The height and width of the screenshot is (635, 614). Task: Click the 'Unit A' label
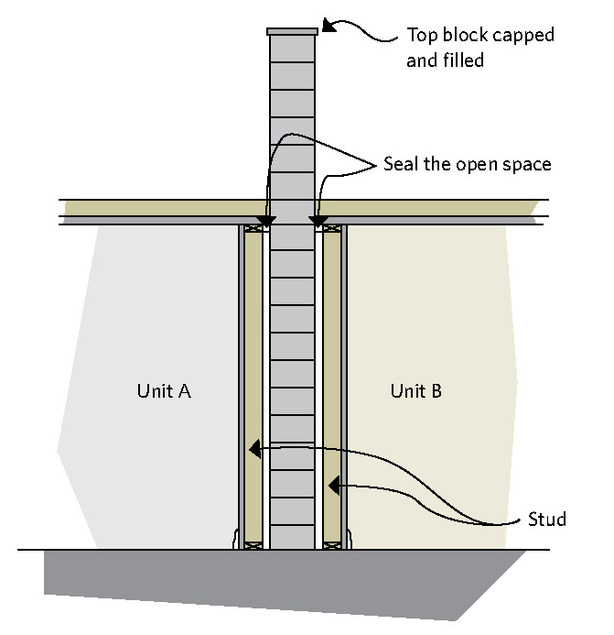[x=164, y=391]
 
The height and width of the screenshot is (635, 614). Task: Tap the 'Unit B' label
[x=416, y=391]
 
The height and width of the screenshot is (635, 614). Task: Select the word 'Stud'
[x=547, y=520]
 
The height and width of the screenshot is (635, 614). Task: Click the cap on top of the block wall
[x=292, y=31]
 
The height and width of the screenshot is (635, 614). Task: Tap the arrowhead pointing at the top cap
[x=328, y=25]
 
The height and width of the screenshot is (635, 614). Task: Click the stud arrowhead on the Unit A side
[x=255, y=449]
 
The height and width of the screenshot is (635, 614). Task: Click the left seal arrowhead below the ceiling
[x=266, y=222]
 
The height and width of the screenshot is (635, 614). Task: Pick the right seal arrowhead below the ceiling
[x=319, y=222]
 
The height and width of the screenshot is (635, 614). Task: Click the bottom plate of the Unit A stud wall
[x=254, y=545]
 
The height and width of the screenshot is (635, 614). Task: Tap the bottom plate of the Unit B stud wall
[x=332, y=545]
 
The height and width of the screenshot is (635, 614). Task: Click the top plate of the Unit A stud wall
[x=253, y=227]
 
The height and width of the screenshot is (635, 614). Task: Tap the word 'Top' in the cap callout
[x=420, y=37]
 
